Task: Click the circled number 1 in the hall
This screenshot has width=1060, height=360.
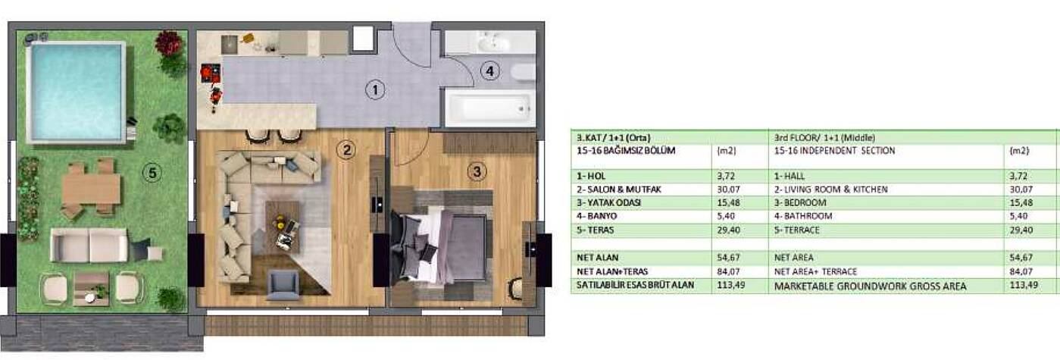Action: tap(375, 90)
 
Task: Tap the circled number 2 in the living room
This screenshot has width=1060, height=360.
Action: tap(346, 150)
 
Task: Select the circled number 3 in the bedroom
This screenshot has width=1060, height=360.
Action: tap(477, 171)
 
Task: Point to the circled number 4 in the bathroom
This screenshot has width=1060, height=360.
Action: tap(489, 71)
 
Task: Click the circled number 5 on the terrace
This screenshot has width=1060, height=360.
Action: tap(152, 173)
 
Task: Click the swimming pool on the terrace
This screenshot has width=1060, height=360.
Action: tap(77, 92)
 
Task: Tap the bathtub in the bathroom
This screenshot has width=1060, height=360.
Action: tap(490, 108)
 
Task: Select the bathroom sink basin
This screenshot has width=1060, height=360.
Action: tap(493, 43)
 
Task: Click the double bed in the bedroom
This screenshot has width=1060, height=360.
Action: tap(441, 246)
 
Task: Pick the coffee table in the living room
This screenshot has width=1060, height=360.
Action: tap(283, 227)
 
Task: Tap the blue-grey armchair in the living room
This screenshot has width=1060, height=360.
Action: tap(283, 284)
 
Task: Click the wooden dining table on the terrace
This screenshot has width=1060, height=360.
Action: tap(92, 189)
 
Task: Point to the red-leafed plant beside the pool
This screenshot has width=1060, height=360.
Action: tap(168, 42)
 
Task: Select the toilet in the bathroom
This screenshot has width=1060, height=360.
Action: tap(523, 72)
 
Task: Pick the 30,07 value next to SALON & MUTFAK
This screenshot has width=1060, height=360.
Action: tap(728, 189)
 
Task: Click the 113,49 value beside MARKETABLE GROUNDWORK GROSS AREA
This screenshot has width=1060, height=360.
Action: tap(1024, 285)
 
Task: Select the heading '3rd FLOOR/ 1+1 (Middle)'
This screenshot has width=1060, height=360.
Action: tap(824, 138)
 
